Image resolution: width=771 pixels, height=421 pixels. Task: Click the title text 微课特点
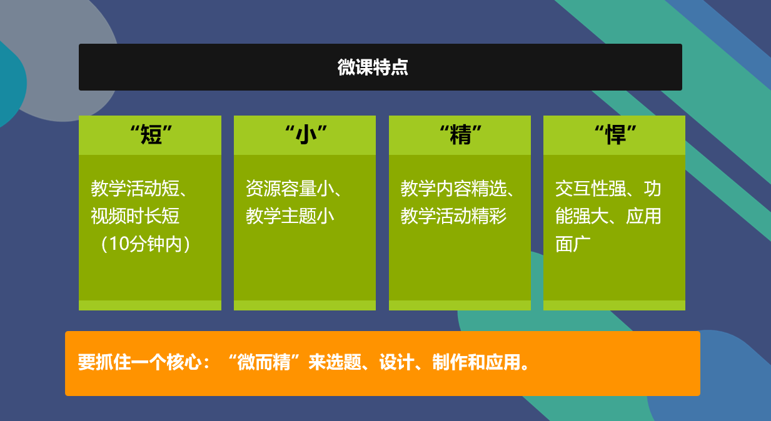coord(373,67)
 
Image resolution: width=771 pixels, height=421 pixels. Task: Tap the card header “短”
coord(151,134)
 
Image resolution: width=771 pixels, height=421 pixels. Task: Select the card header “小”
coord(306,134)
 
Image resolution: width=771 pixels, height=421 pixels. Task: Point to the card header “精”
coord(461,134)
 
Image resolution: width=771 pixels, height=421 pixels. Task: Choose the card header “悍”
coord(616,134)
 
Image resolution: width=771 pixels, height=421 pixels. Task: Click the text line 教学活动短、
coord(139,189)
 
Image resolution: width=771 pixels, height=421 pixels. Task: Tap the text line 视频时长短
coord(135,216)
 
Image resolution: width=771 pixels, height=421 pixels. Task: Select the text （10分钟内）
coord(145,244)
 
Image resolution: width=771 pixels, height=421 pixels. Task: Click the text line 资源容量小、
coord(294,189)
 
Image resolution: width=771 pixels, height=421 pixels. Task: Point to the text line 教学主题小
coord(290,216)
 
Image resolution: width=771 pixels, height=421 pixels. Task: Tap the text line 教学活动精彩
coord(453,216)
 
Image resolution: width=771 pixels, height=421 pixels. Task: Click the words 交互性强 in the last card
coord(591,189)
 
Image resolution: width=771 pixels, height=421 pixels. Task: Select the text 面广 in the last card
coord(573,244)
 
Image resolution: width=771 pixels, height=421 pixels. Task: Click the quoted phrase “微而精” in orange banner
coord(265,362)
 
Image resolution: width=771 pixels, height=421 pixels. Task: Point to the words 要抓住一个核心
coord(139,362)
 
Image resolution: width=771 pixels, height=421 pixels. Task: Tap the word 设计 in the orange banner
coord(397,362)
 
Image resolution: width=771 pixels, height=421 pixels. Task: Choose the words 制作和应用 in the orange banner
coord(476,362)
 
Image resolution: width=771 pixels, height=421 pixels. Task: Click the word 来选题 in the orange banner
coord(335,362)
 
